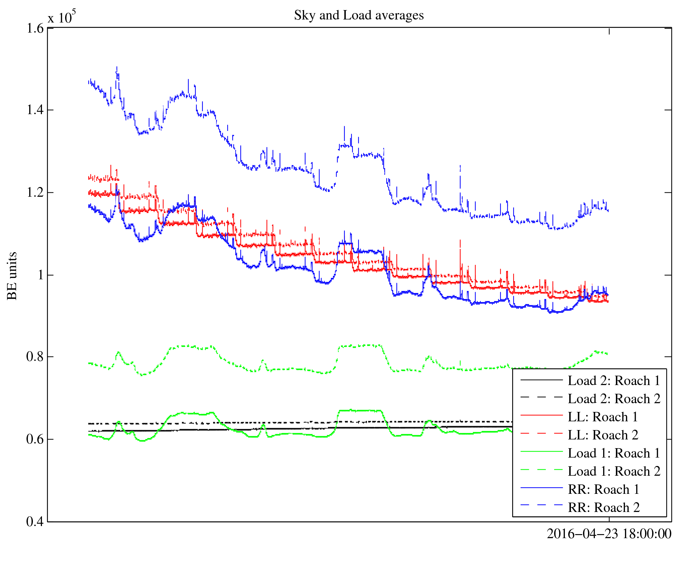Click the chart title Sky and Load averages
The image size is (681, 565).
point(359,15)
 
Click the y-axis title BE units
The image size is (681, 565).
point(12,276)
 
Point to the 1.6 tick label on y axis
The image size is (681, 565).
point(35,29)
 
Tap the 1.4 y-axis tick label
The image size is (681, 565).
point(35,110)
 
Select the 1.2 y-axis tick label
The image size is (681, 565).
point(35,193)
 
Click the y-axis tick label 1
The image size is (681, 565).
point(41,275)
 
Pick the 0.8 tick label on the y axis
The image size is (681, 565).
point(35,357)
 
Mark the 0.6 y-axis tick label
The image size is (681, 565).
point(35,439)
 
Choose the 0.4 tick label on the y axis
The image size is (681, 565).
point(35,521)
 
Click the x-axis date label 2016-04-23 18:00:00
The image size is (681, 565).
point(609,534)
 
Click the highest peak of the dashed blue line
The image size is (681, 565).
point(116,67)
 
